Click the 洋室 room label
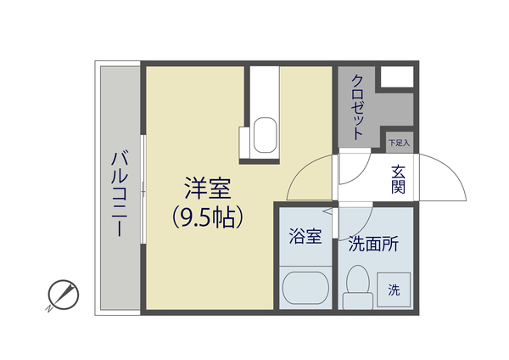209,188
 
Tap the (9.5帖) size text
209,217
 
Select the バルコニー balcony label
119,194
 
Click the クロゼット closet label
357,107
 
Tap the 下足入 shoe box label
399,143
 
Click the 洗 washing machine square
394,289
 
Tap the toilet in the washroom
356,285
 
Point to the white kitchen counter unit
262,93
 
